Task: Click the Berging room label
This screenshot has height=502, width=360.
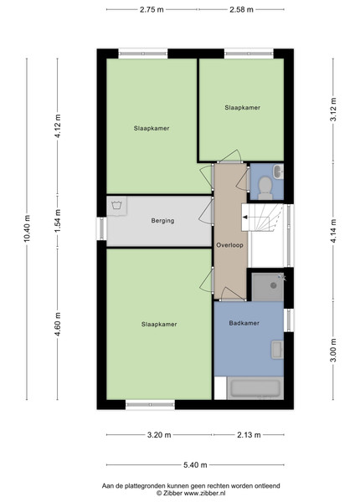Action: pyautogui.click(x=162, y=221)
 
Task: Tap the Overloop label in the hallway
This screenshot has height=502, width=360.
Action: pyautogui.click(x=229, y=245)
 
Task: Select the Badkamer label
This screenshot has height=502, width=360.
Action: pyautogui.click(x=244, y=323)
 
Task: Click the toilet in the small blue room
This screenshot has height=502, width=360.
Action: pyautogui.click(x=265, y=188)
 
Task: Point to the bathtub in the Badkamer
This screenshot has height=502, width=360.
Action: pyautogui.click(x=255, y=388)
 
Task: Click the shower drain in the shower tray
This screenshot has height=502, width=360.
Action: pyautogui.click(x=274, y=285)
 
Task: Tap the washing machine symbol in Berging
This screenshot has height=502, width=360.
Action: pyautogui.click(x=117, y=206)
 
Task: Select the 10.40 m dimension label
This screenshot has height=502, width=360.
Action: pyautogui.click(x=28, y=228)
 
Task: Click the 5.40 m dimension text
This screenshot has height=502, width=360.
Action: pyautogui.click(x=195, y=465)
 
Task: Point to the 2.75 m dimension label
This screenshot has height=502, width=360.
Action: pyautogui.click(x=152, y=9)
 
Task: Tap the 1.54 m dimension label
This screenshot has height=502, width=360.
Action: pyautogui.click(x=58, y=222)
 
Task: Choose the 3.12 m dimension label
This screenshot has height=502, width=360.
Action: pyautogui.click(x=333, y=109)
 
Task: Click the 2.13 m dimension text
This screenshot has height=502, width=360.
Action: pyautogui.click(x=249, y=435)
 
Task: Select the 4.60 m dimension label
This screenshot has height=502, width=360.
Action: pyautogui.click(x=58, y=325)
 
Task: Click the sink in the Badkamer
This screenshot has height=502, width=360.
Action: pyautogui.click(x=277, y=350)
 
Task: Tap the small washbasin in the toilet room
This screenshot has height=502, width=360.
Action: pyautogui.click(x=278, y=172)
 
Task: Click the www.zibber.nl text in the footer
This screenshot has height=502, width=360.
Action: pyautogui.click(x=204, y=494)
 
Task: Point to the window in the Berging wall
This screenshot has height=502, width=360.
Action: pyautogui.click(x=101, y=228)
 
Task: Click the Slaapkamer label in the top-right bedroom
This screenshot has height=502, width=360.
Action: pyautogui.click(x=243, y=108)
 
